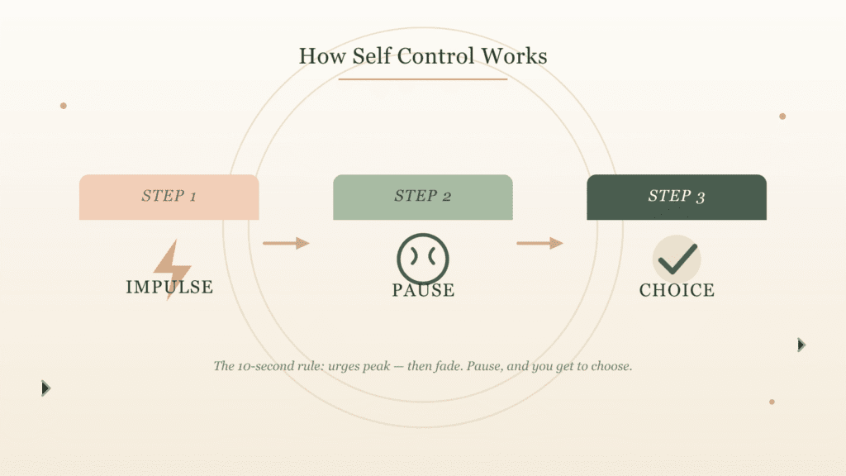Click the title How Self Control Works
point(423,56)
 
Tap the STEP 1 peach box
point(169,197)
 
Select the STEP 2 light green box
point(423,197)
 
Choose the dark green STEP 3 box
point(677,197)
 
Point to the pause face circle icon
point(423,259)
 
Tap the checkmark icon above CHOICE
point(677,259)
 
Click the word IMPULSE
point(169,287)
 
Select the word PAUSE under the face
point(424,290)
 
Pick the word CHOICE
point(677,290)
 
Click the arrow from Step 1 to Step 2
point(286,244)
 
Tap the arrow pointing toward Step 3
point(539,244)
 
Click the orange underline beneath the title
point(423,79)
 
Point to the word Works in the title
point(514,56)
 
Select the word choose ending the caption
point(611,366)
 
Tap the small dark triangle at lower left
point(46,388)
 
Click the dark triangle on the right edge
point(801,345)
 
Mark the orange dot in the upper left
point(64,106)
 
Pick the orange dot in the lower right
point(772,402)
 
